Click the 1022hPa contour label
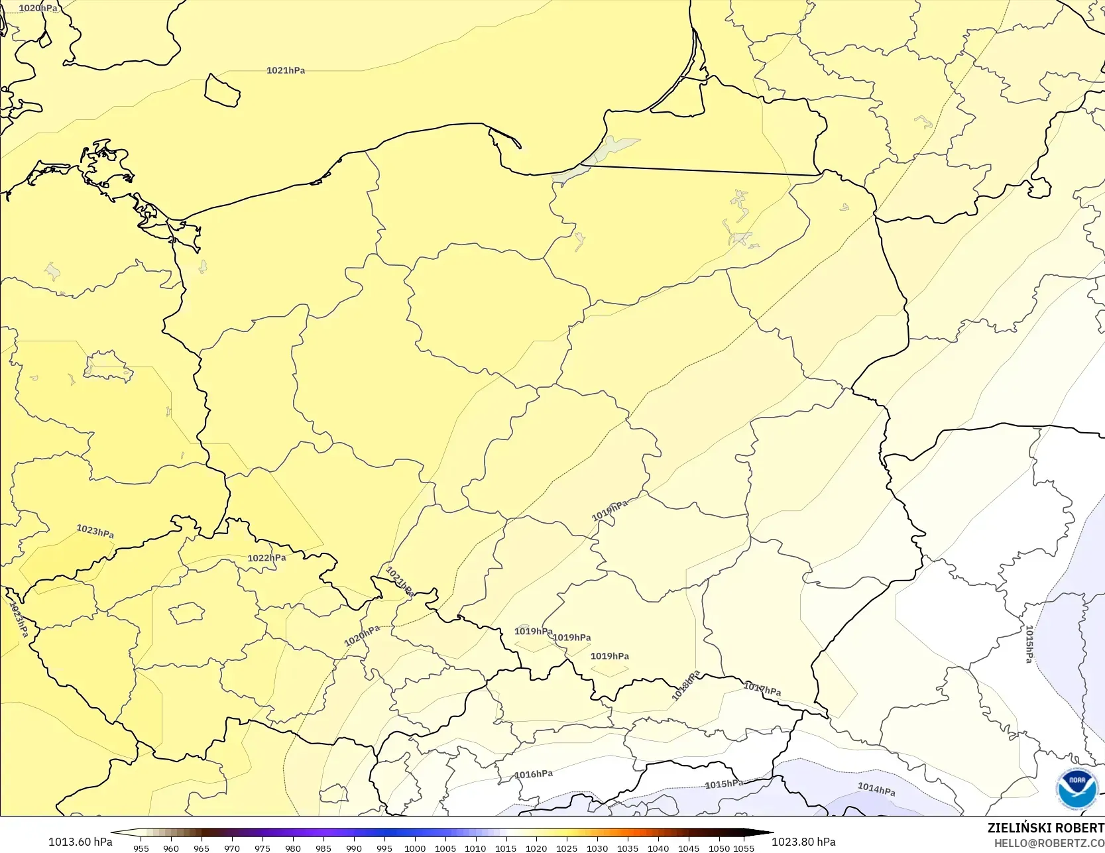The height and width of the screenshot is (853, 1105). click(x=266, y=558)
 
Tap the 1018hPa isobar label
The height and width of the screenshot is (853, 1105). click(x=686, y=686)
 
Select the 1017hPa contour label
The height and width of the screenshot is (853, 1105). click(x=762, y=689)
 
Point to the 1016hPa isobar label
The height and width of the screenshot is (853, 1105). click(x=534, y=774)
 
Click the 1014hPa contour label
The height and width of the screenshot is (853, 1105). click(x=876, y=789)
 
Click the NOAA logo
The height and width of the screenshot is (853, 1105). click(x=1077, y=789)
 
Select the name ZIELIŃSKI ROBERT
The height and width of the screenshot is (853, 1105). click(x=1045, y=828)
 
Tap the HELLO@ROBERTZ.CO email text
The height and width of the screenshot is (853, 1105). click(x=1049, y=843)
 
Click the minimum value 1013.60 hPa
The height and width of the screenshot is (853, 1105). click(x=80, y=842)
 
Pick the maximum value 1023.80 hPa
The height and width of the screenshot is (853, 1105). click(x=803, y=842)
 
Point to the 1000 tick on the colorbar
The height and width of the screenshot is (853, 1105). click(x=415, y=848)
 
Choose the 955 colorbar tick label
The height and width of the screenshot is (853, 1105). click(x=141, y=848)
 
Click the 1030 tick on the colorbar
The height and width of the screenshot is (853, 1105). click(x=597, y=848)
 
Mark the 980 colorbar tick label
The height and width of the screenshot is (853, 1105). click(x=293, y=848)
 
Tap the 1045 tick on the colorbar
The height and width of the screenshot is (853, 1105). click(x=689, y=848)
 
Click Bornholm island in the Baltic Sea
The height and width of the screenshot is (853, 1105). click(x=221, y=90)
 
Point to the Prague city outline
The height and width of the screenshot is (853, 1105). click(x=187, y=613)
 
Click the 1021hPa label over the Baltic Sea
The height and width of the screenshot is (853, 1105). click(x=286, y=70)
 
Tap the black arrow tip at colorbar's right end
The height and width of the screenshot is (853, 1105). click(x=770, y=832)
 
